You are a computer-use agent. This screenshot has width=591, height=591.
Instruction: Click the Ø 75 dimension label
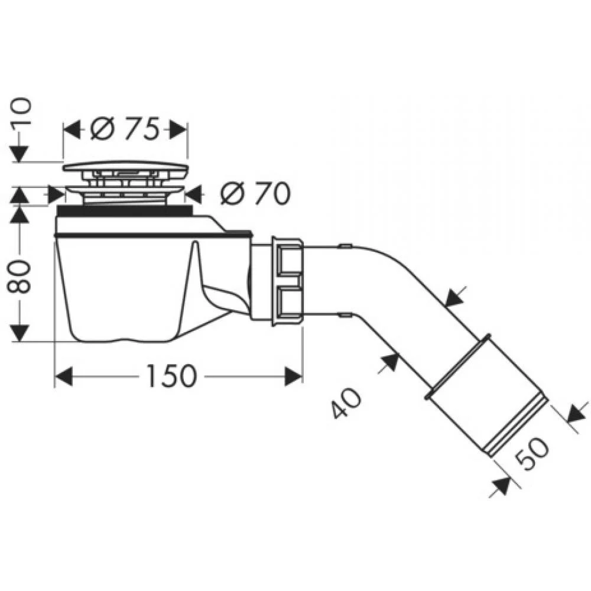[x=123, y=130]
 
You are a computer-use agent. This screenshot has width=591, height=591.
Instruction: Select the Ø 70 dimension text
[x=255, y=194]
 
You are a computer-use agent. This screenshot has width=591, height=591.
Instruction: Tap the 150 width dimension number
[x=172, y=376]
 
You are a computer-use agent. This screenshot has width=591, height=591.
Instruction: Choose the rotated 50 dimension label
[x=532, y=452]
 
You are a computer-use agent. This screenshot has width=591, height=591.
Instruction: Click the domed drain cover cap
[x=125, y=166]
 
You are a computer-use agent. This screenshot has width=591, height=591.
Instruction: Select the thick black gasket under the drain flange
[x=124, y=210]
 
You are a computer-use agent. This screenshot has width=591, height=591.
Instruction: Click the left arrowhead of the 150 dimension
[x=63, y=376]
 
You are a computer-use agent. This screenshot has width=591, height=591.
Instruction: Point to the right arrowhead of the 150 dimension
[x=293, y=376]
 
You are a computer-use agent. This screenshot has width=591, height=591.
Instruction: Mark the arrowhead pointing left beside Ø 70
[x=195, y=194]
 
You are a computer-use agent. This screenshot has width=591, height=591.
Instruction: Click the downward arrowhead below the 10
[x=20, y=152]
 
